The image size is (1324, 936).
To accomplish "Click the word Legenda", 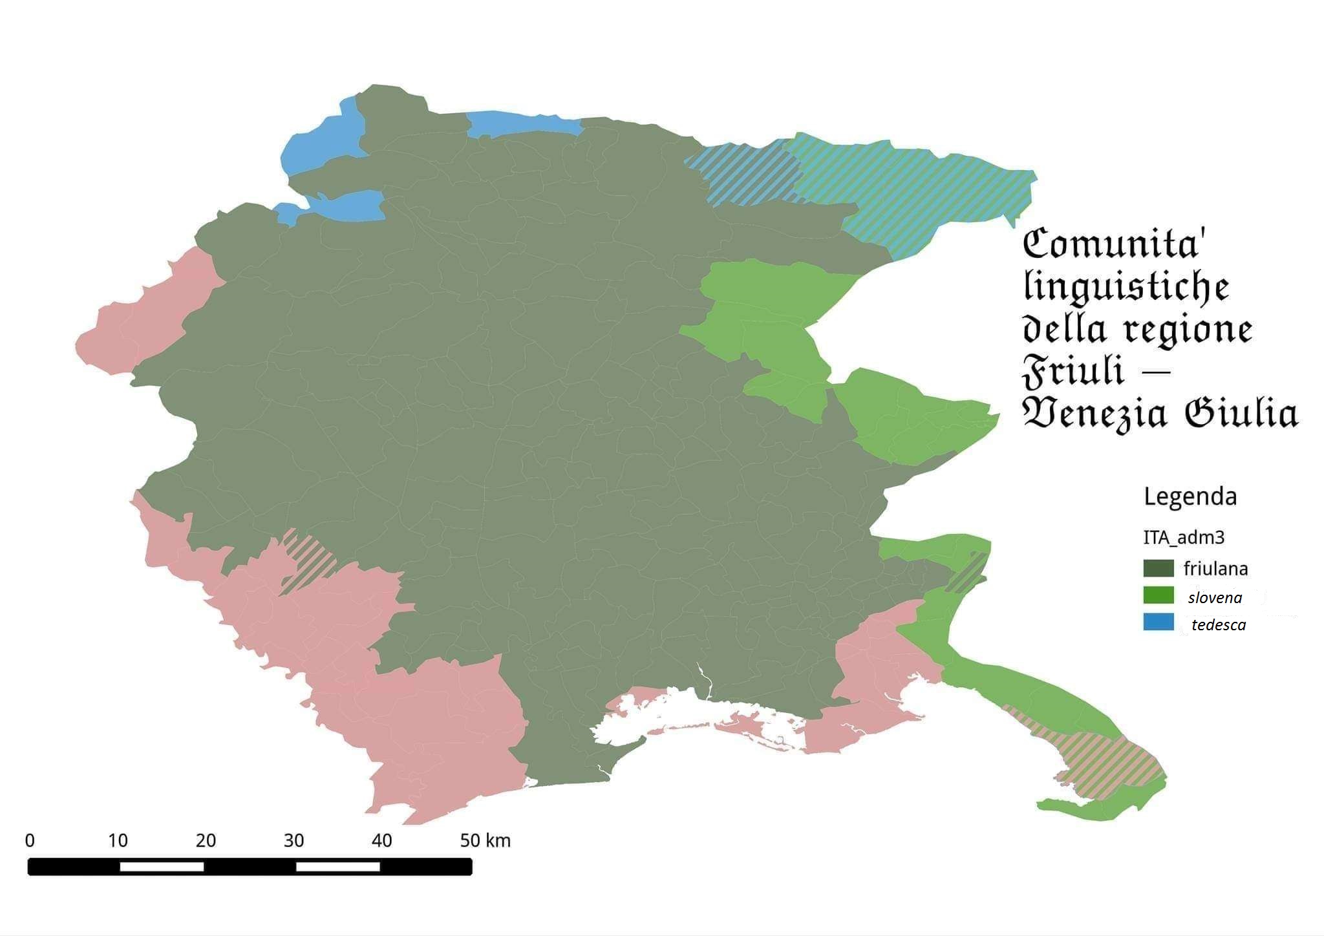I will coord(1190,496).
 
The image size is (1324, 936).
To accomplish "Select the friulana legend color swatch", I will coord(1158,568).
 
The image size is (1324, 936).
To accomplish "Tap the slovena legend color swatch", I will coord(1158,595).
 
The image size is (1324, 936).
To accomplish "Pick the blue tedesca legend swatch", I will coord(1158,622).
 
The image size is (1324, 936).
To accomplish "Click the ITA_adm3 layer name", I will coord(1184,537).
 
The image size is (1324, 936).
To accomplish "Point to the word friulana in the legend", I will coord(1215,569).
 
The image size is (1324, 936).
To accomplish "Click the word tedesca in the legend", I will coord(1219,625).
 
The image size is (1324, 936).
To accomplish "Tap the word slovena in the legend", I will coord(1215,598).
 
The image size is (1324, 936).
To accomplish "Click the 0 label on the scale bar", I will coord(30,840).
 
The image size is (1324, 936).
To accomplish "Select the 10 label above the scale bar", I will coord(117,840).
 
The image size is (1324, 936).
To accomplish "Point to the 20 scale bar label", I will coord(206,840).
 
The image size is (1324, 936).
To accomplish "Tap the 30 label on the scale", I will coord(294,840).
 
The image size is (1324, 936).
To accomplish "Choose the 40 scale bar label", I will coord(381,840).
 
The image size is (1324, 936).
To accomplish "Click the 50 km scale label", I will coord(485,840).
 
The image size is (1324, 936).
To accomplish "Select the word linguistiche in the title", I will coord(1126,288).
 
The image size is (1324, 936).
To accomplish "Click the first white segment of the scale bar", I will coord(162,866).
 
